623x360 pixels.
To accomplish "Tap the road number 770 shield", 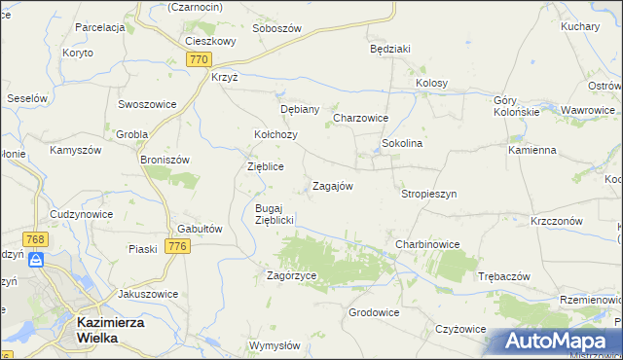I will (199, 60).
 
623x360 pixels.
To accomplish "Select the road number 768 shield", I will (36, 239).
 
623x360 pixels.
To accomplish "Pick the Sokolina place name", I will (401, 143).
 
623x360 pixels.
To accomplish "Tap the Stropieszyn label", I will (428, 194).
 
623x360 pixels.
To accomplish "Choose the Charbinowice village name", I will (426, 243).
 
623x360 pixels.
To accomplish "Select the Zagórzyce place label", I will (292, 276).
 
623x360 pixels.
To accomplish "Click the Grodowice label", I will (375, 313).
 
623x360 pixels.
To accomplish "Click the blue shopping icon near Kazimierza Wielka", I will (35, 260).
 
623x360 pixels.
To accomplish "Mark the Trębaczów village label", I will (503, 276).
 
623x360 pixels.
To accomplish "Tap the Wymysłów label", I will (275, 345).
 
